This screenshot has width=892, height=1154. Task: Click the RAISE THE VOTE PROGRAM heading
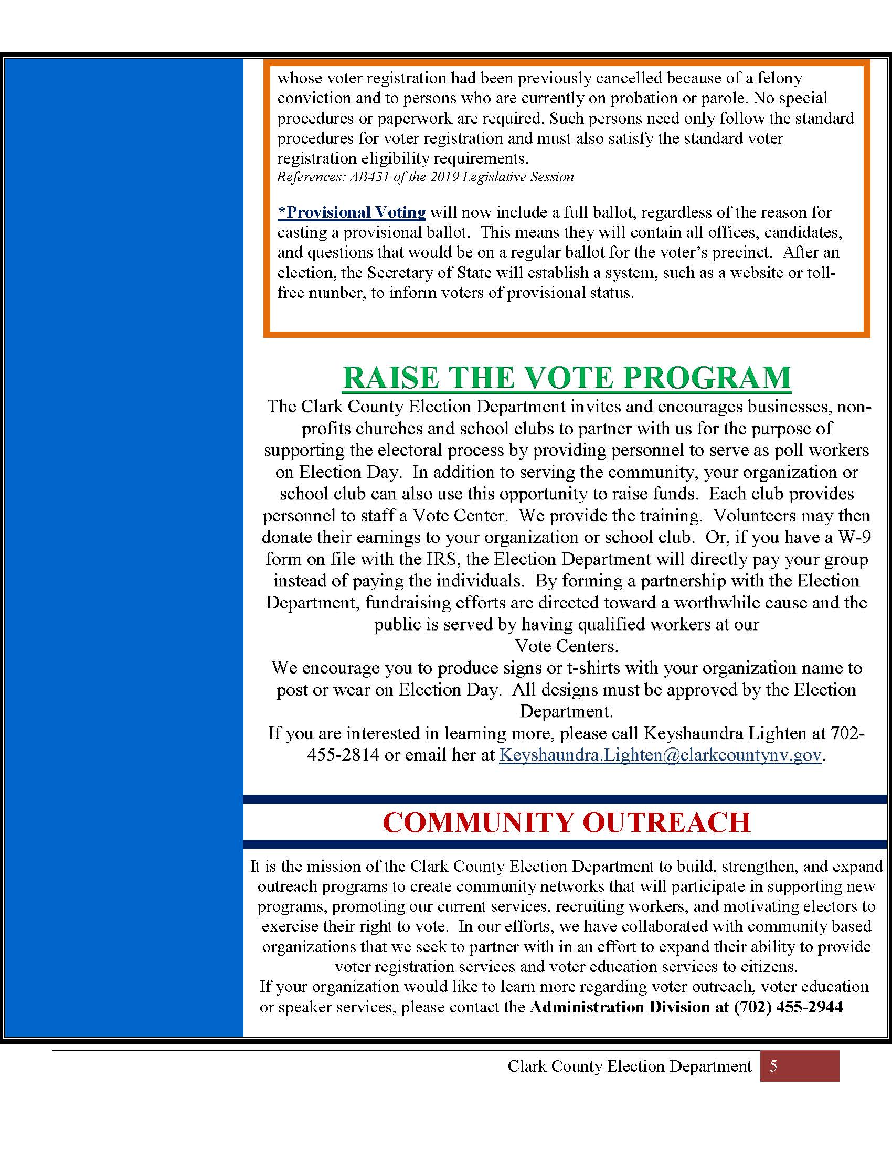coord(567,378)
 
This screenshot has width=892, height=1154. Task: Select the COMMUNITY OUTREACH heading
coord(567,822)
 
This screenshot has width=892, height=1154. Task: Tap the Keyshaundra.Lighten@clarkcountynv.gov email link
coord(660,754)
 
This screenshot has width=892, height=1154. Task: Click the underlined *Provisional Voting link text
coord(352,212)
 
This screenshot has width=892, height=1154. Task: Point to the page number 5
coord(773,1066)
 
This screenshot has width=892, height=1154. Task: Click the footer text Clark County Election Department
coord(629,1066)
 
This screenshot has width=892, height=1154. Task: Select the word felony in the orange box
coord(779,78)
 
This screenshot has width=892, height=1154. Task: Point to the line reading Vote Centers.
coord(567,646)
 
